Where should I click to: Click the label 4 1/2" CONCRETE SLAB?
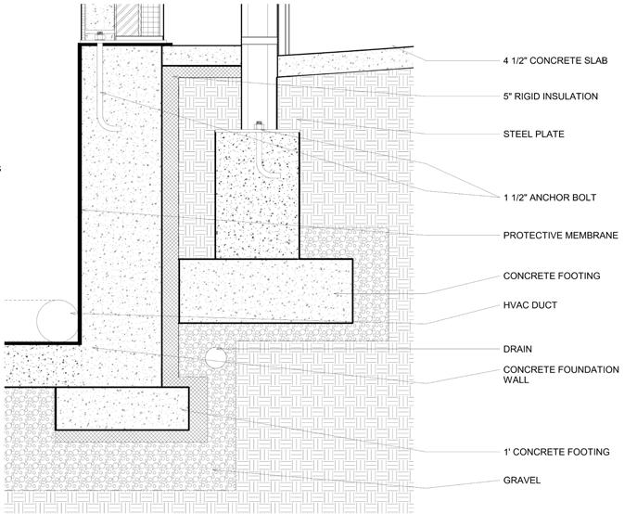coord(554,62)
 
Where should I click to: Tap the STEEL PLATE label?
coord(533,135)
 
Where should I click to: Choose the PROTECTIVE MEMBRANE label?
coord(560,236)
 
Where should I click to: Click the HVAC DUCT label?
coord(530,304)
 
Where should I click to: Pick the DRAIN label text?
coord(517,350)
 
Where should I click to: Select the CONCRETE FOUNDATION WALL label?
coord(560,375)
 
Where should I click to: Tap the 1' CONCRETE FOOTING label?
coord(555,452)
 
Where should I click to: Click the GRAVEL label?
coord(521,480)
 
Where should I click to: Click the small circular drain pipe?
coord(216,357)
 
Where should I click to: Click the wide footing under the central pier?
coord(265,290)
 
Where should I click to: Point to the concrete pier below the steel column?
coord(257,195)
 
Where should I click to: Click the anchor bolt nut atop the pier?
coord(257,126)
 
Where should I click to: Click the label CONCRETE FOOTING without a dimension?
coord(551,276)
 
